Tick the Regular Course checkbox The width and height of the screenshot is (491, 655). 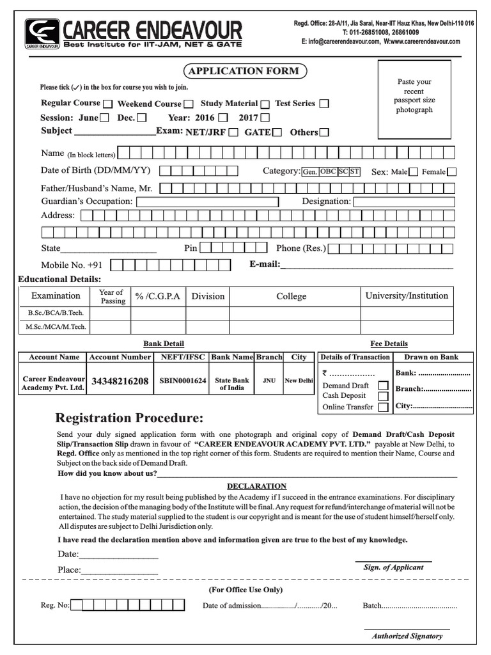click(x=107, y=104)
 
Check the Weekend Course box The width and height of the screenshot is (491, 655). click(x=189, y=104)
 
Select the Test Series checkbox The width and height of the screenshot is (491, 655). click(x=324, y=104)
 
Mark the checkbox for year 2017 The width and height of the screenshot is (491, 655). click(x=265, y=118)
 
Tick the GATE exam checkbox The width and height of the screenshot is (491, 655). click(x=277, y=132)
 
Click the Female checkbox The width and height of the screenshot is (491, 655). click(x=452, y=171)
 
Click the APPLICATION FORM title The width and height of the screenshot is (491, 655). click(x=245, y=71)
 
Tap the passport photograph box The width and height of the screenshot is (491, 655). click(x=414, y=99)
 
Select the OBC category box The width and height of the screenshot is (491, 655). click(x=328, y=171)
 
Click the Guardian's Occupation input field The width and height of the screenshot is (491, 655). click(x=207, y=202)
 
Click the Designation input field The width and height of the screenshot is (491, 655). click(x=404, y=202)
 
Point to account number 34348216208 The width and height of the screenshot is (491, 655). click(x=120, y=381)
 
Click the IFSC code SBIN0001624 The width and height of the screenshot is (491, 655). click(x=183, y=381)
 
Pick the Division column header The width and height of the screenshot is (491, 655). click(x=208, y=296)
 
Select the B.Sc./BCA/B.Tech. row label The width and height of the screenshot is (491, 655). click(x=56, y=313)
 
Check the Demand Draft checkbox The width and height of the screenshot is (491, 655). click(x=383, y=386)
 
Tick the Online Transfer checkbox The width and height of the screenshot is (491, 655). click(x=383, y=407)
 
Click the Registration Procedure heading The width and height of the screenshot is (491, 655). click(x=129, y=418)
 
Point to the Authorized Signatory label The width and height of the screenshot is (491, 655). click(x=407, y=636)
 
